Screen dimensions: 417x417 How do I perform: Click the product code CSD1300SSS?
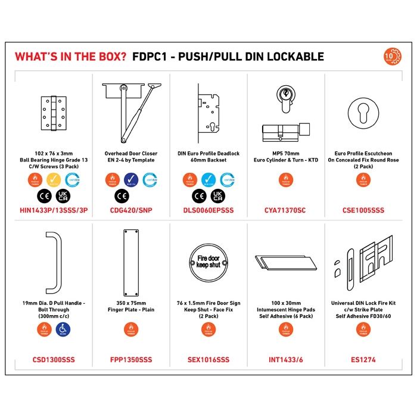[x=54, y=360]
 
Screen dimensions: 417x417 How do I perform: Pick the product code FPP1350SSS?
[x=131, y=360]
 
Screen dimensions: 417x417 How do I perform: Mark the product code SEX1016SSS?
[x=208, y=360]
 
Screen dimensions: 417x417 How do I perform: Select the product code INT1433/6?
[x=285, y=360]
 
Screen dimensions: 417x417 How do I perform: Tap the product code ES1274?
[x=363, y=360]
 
